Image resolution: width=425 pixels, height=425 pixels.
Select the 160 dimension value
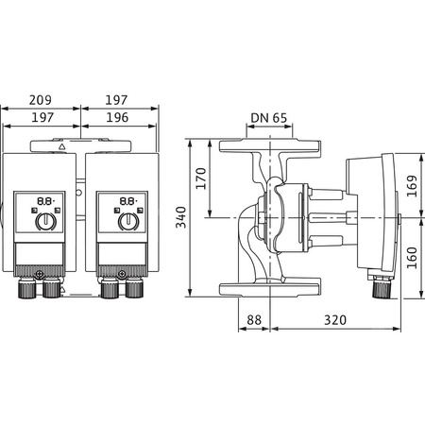coord(412,258)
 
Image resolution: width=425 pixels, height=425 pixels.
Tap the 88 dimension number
coord(253,321)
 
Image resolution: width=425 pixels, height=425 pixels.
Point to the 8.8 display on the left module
coord(43,201)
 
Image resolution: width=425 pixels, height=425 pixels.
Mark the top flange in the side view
coord(268,148)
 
